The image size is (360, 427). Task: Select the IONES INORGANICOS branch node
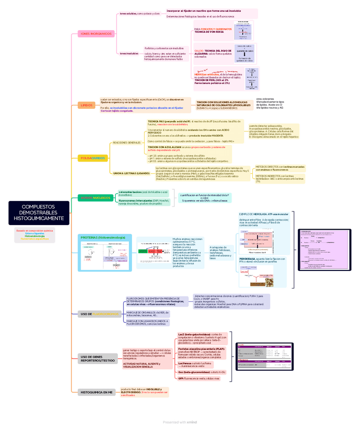click(x=96, y=34)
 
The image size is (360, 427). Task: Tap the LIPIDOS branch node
click(x=87, y=105)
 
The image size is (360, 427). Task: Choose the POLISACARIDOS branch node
click(x=93, y=158)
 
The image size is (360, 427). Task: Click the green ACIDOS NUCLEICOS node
click(x=95, y=198)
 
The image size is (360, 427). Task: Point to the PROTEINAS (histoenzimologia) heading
click(x=103, y=237)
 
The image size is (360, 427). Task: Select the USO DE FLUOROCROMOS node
click(x=100, y=314)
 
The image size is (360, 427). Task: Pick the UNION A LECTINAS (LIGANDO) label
click(x=131, y=173)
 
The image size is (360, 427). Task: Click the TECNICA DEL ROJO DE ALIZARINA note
click(x=212, y=53)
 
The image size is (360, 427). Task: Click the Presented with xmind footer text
click(x=180, y=422)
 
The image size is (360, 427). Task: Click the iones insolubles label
click(x=129, y=53)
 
